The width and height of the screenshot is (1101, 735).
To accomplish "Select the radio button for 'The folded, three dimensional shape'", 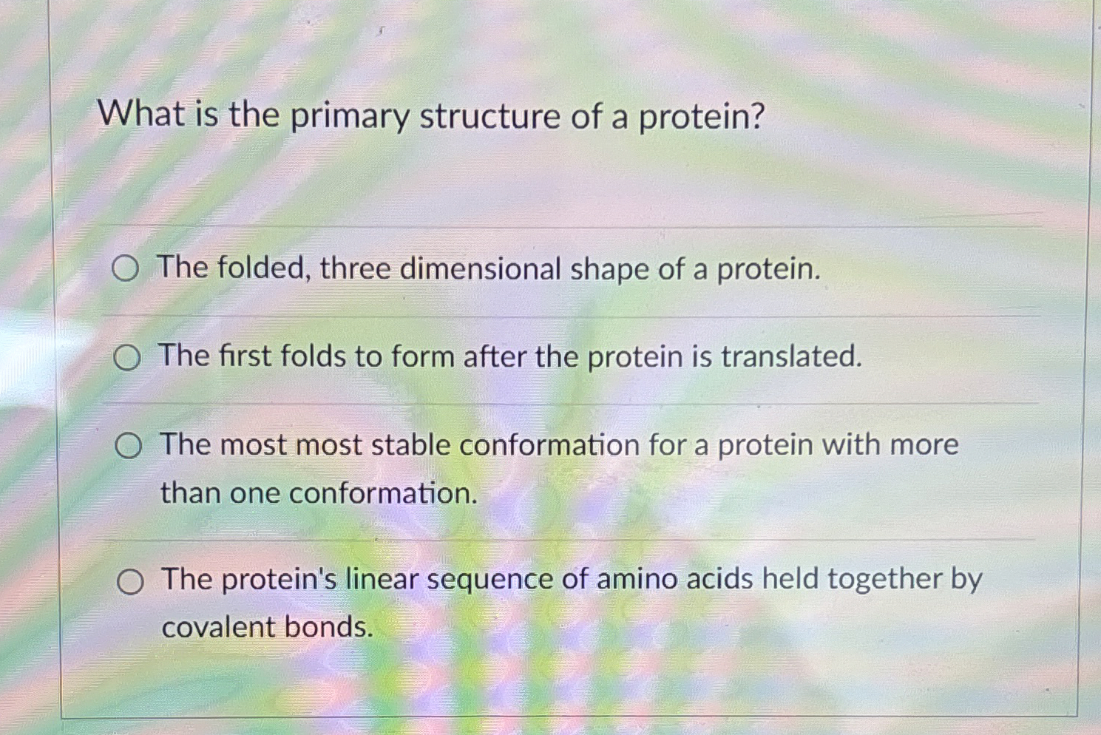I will click(x=125, y=269).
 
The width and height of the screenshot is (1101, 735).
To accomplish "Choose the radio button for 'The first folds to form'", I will click(x=126, y=359).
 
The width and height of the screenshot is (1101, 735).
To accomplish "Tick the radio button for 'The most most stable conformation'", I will click(x=128, y=446).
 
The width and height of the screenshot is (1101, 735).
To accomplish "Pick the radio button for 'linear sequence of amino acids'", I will click(x=129, y=583).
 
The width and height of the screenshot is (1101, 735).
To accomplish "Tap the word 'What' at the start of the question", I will click(x=141, y=115).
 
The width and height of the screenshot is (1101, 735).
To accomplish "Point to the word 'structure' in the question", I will click(x=489, y=118).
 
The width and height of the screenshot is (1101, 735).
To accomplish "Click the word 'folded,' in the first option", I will click(x=262, y=268).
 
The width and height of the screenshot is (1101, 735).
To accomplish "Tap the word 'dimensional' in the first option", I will click(x=480, y=269).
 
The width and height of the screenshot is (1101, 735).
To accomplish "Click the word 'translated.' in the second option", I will click(x=791, y=356).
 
